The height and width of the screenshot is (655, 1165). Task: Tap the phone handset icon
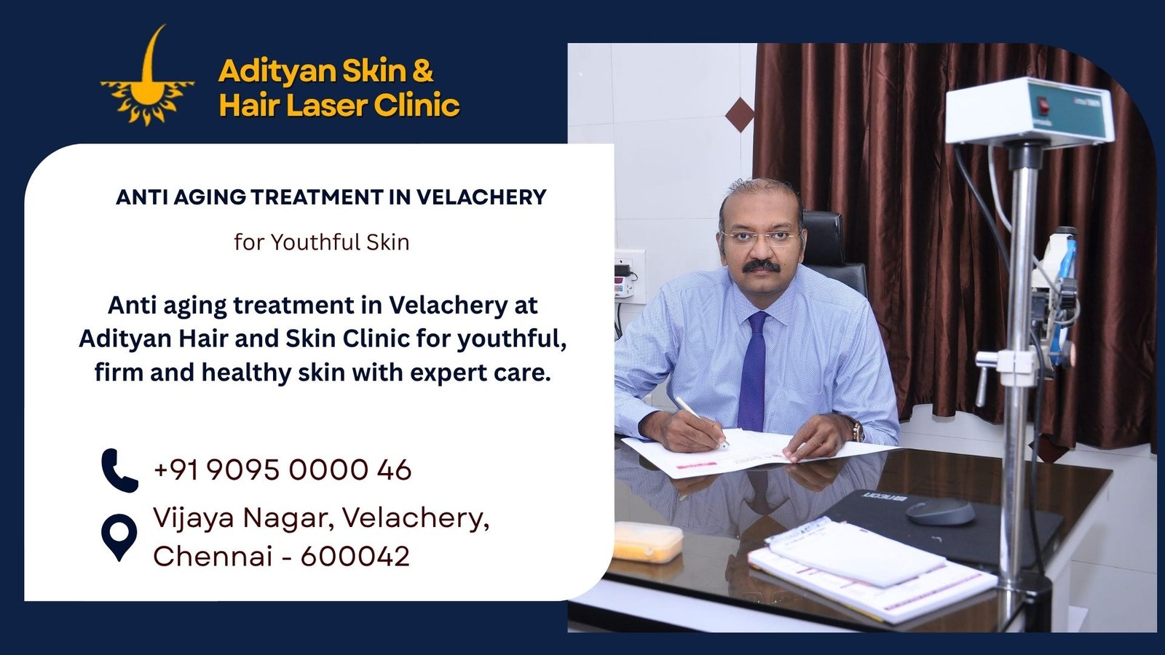tap(119, 470)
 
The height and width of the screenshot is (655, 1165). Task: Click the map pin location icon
tap(119, 537)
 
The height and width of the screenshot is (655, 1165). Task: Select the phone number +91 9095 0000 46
tap(283, 470)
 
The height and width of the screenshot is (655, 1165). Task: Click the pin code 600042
tap(355, 557)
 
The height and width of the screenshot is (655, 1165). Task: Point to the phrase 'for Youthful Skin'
tap(321, 242)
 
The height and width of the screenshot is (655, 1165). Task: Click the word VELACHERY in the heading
tap(481, 197)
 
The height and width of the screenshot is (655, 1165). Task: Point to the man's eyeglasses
tap(759, 237)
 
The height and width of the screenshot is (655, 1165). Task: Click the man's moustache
tap(762, 266)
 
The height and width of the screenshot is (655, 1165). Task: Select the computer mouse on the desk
tap(940, 511)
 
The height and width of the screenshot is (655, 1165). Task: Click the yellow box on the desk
tap(647, 541)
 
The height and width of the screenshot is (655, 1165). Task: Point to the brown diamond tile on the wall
tap(740, 115)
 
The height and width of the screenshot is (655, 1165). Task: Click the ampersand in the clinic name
tap(422, 71)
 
